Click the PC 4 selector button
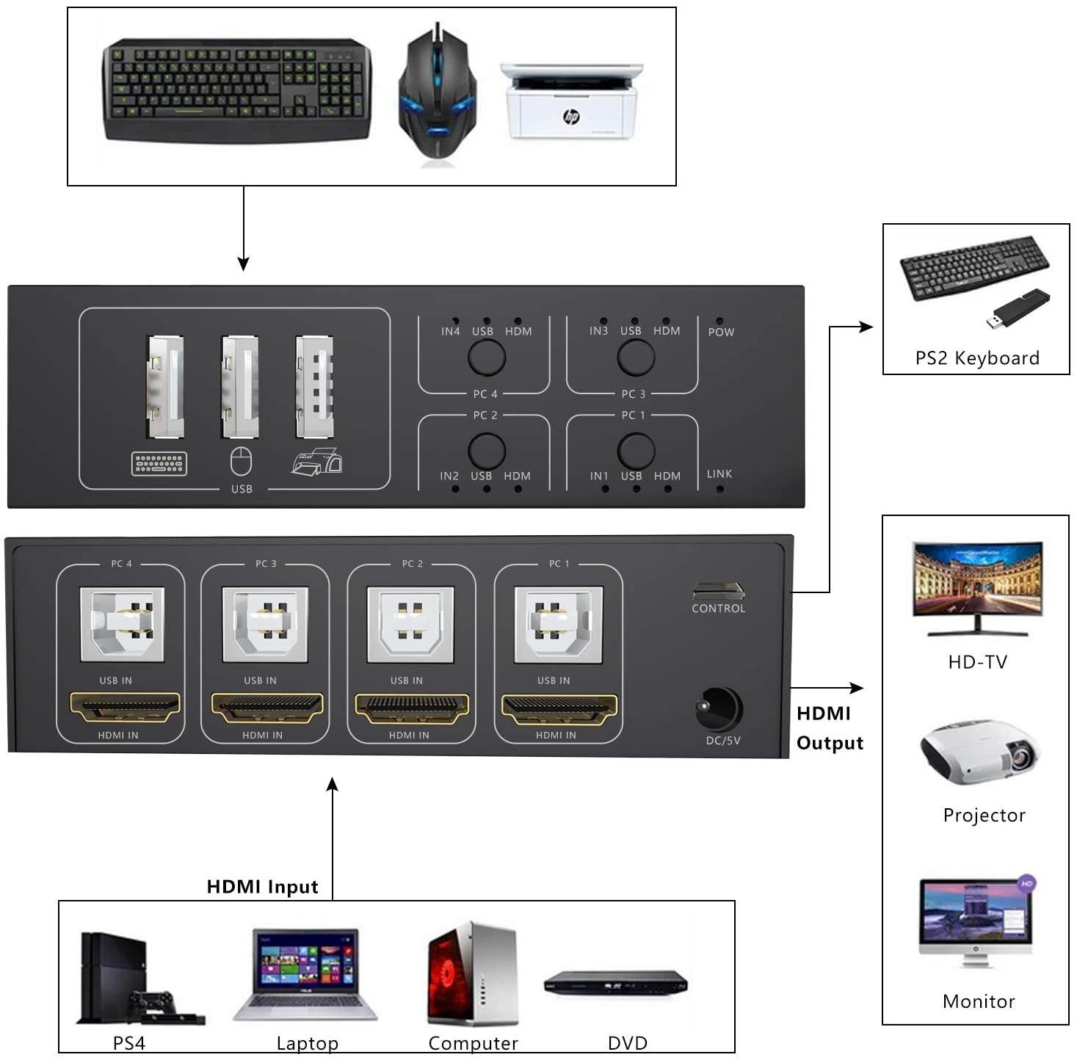[487, 357]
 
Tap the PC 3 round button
[636, 357]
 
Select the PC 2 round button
[487, 451]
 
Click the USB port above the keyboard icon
[166, 387]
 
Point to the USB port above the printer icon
[314, 387]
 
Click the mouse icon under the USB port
[241, 462]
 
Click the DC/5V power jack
[719, 709]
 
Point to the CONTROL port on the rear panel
[718, 590]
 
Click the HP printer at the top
[570, 101]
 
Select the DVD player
[616, 984]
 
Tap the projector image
[979, 752]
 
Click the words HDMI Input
[262, 887]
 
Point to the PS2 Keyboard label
[977, 358]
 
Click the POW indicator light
[719, 322]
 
